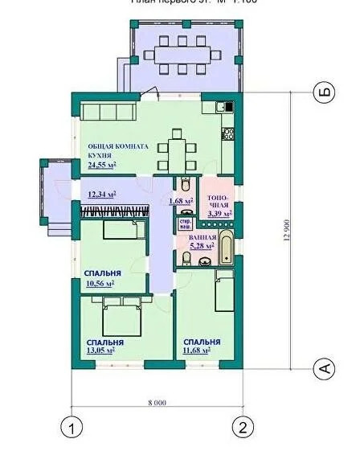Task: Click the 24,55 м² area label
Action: (x=102, y=164)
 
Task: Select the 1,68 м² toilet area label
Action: (x=181, y=200)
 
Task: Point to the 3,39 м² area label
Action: (x=219, y=215)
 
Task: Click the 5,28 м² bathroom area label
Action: (x=202, y=247)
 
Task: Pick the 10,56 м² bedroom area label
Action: (x=100, y=283)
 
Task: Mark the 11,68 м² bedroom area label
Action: (x=196, y=350)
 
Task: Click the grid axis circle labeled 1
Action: (x=72, y=428)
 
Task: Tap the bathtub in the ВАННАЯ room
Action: (x=227, y=248)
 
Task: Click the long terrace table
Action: (x=182, y=55)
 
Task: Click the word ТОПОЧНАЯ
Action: (x=219, y=201)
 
